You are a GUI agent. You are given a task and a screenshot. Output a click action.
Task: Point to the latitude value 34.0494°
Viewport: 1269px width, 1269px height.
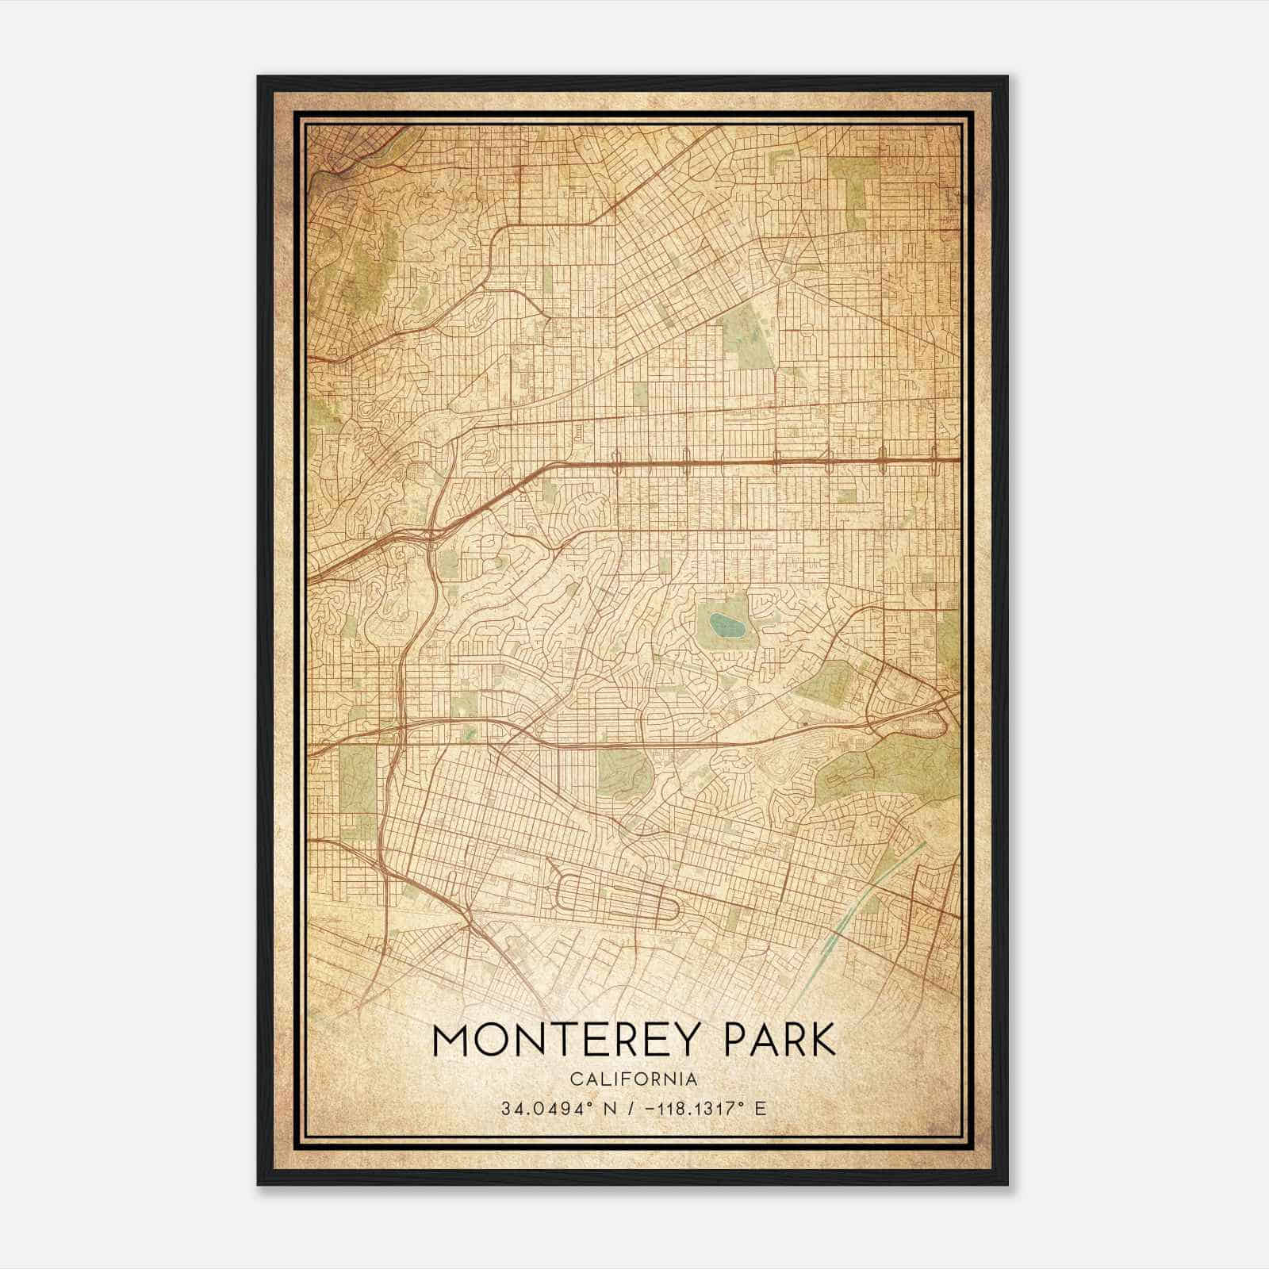[540, 1108]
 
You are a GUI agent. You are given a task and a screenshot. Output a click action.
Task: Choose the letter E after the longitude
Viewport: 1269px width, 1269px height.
[760, 1108]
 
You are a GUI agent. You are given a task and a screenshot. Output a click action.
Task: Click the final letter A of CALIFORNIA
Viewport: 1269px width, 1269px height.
[692, 1079]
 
